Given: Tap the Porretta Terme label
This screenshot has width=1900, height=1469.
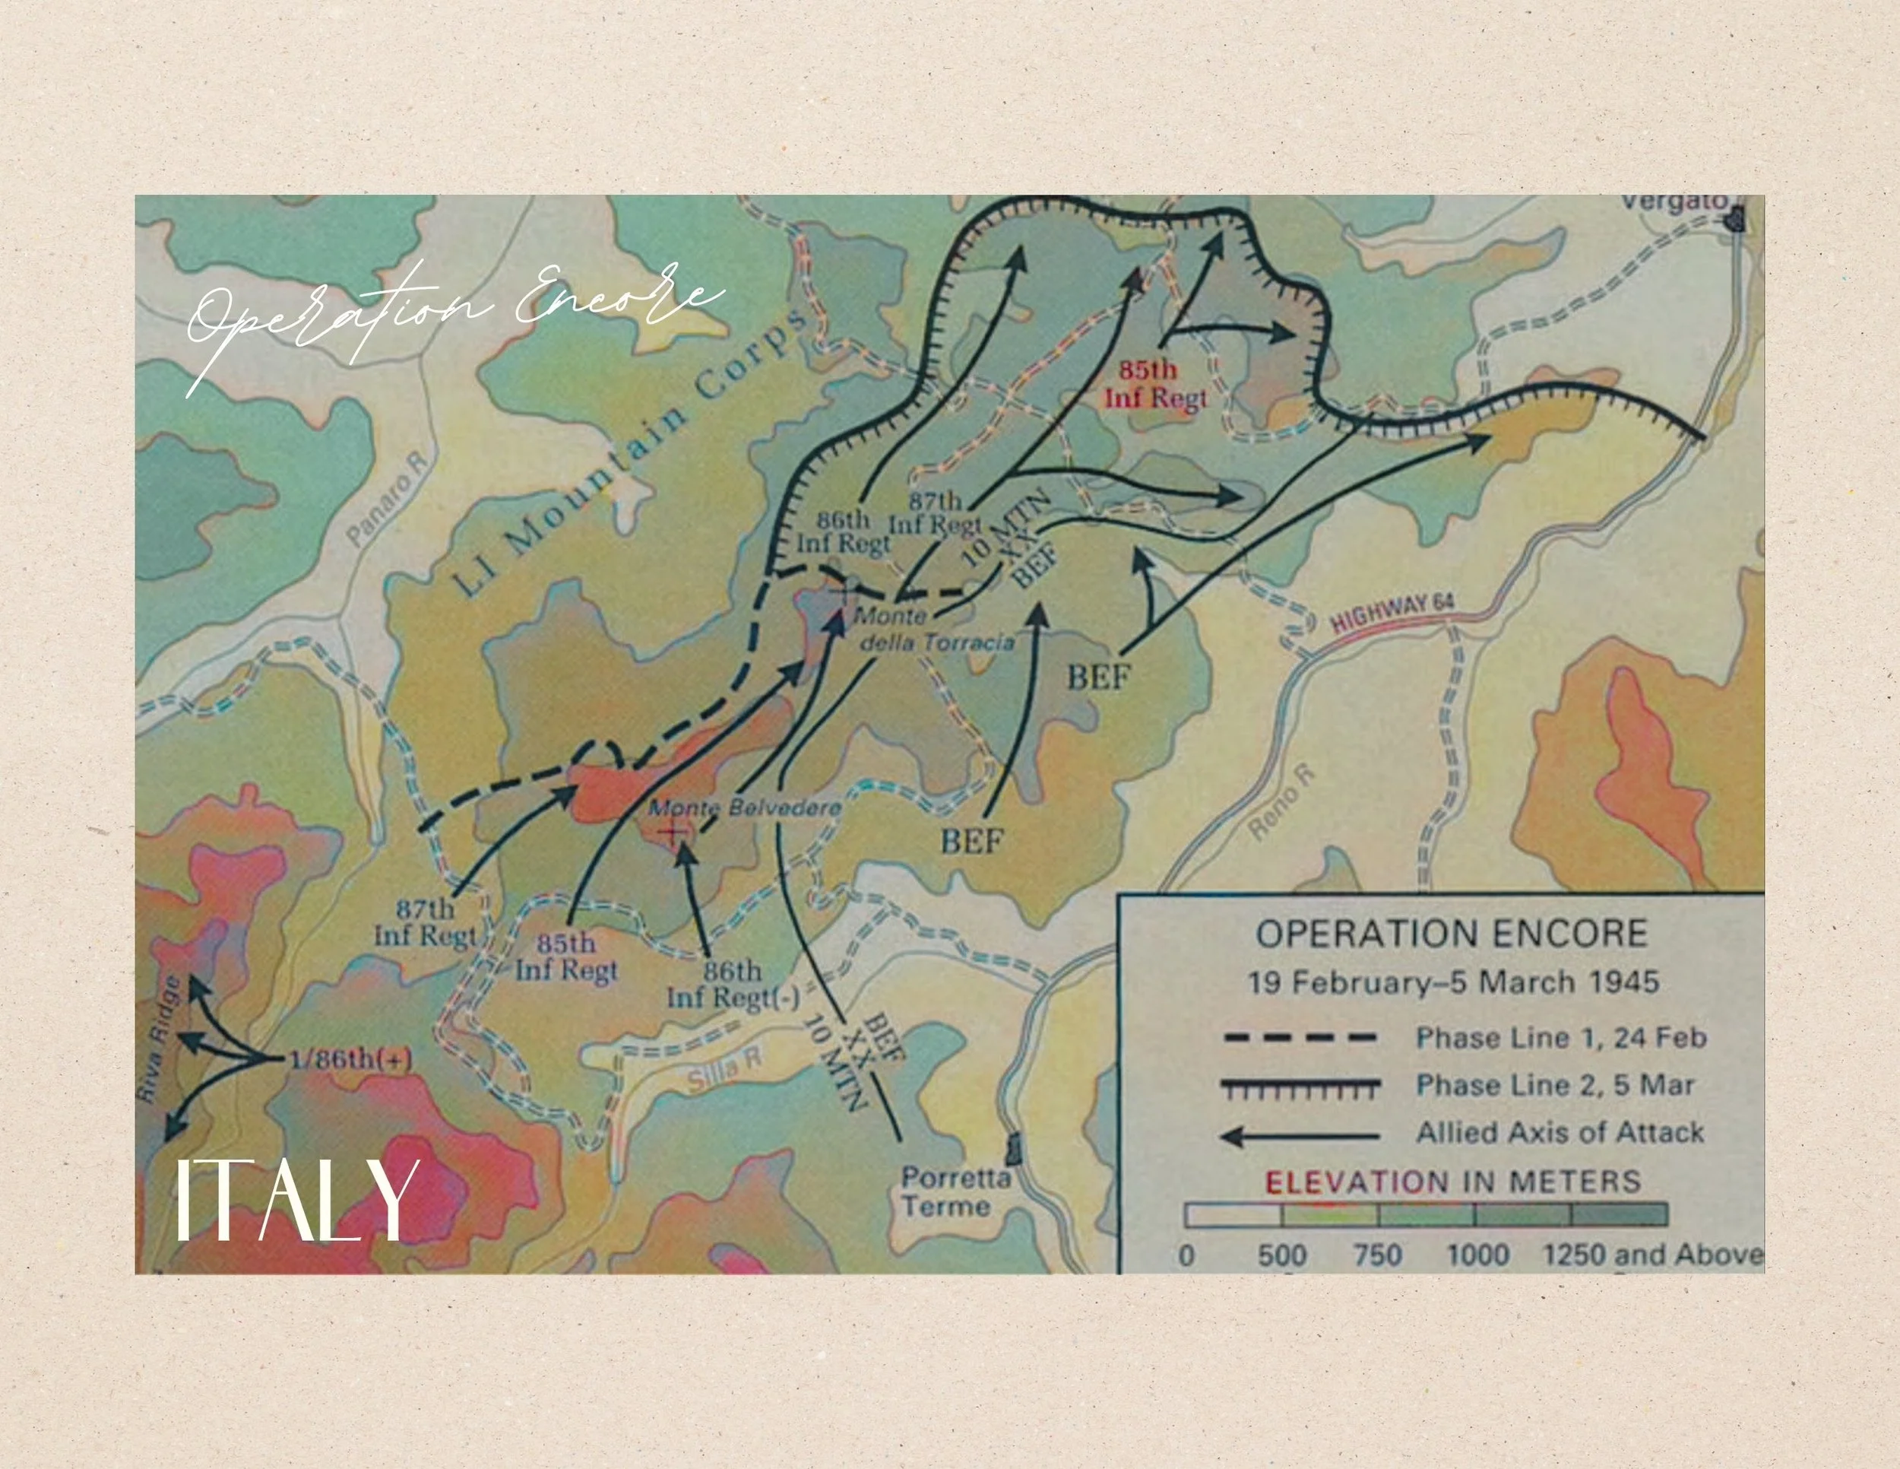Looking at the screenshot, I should click(x=955, y=1192).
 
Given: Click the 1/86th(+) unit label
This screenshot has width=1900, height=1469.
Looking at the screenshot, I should click(x=350, y=1060).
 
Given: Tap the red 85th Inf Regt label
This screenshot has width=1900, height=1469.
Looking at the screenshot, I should click(x=1155, y=384).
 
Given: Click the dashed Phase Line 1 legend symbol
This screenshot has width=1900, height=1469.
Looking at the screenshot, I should click(x=1300, y=1037).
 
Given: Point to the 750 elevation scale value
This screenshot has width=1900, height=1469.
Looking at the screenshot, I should click(x=1377, y=1255).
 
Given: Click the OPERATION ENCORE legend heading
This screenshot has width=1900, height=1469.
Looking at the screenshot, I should click(x=1451, y=934).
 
